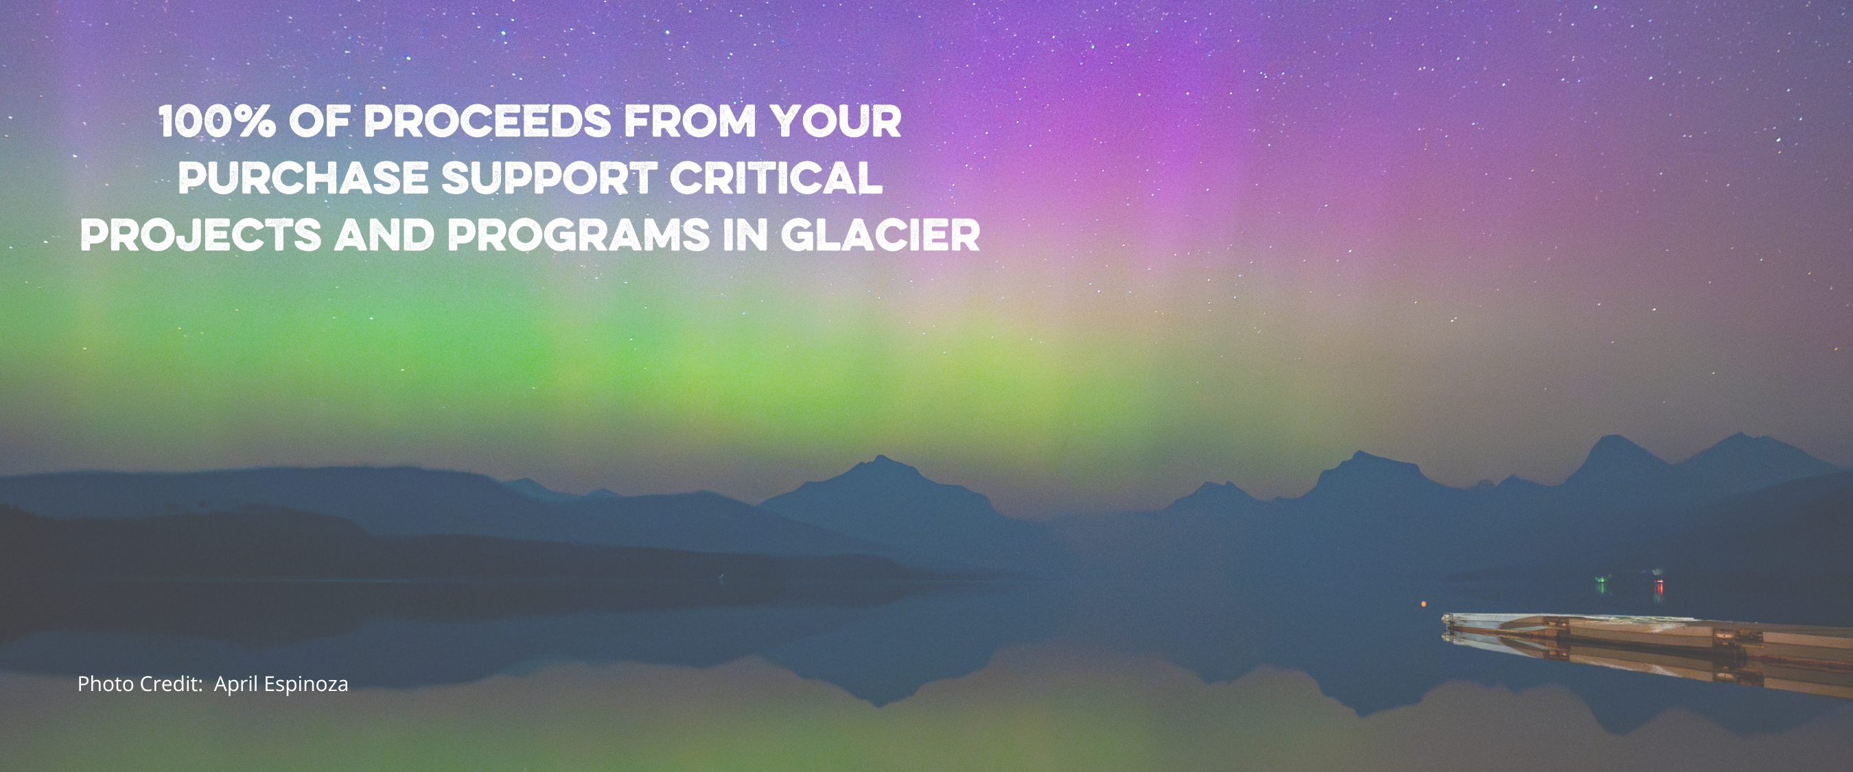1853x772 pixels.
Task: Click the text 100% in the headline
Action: click(218, 121)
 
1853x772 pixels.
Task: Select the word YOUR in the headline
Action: click(836, 121)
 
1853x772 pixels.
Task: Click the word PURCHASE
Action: click(303, 178)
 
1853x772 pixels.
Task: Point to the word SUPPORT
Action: click(549, 178)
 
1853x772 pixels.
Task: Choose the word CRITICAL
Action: click(776, 178)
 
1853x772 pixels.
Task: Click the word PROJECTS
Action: click(200, 235)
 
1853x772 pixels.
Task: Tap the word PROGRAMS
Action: click(579, 235)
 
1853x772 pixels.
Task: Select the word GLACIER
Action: click(881, 235)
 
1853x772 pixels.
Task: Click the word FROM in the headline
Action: click(690, 121)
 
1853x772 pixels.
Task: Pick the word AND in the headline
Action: click(384, 235)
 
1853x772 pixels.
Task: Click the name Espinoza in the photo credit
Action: click(305, 684)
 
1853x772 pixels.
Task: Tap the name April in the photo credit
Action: click(236, 684)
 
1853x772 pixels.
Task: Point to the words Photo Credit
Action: click(139, 683)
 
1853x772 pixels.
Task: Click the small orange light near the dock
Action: click(1422, 604)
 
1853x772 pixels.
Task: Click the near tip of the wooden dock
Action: click(1445, 618)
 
